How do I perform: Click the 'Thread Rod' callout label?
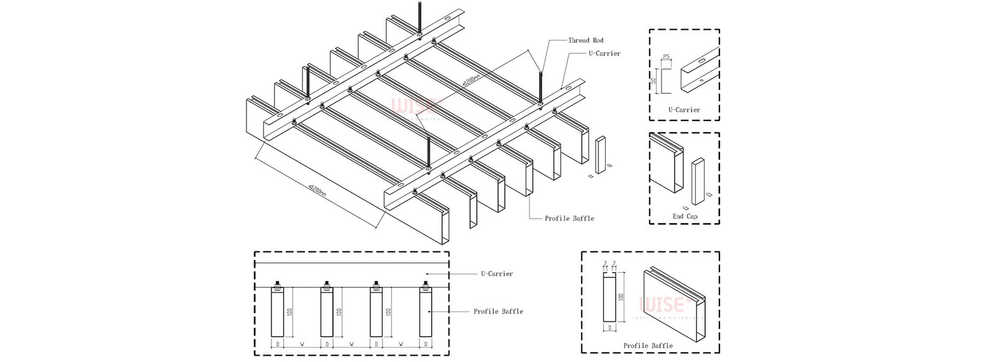coord(585,40)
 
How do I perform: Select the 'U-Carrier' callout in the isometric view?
coord(604,53)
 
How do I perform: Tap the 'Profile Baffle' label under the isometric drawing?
coord(569,219)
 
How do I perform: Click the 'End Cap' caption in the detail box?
coord(685,217)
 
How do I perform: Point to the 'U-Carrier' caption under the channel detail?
coord(684,110)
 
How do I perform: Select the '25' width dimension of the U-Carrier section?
coord(667,57)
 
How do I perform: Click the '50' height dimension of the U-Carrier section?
coord(654,81)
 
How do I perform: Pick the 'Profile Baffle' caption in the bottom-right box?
coord(648,346)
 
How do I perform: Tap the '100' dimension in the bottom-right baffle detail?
coord(621,297)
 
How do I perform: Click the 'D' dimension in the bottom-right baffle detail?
coord(609,327)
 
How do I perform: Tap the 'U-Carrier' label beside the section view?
coord(496,274)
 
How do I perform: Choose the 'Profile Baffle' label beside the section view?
coord(498,312)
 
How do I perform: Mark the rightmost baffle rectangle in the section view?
coord(426,314)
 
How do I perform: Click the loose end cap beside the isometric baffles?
coord(601,155)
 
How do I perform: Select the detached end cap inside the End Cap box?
coord(698,181)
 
